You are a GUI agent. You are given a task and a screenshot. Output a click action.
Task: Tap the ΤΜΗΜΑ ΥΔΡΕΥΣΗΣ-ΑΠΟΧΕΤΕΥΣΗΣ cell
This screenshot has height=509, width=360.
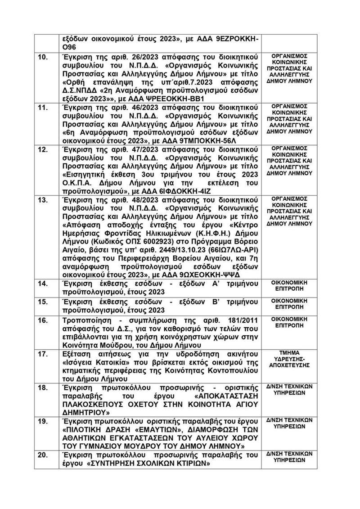click(293, 359)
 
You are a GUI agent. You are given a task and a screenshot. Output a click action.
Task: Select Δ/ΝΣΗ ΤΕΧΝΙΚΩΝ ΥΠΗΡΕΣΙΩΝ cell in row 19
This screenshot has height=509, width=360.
click(293, 423)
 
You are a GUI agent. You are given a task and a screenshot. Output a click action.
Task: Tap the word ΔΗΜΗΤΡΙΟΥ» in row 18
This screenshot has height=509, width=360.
click(85, 412)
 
